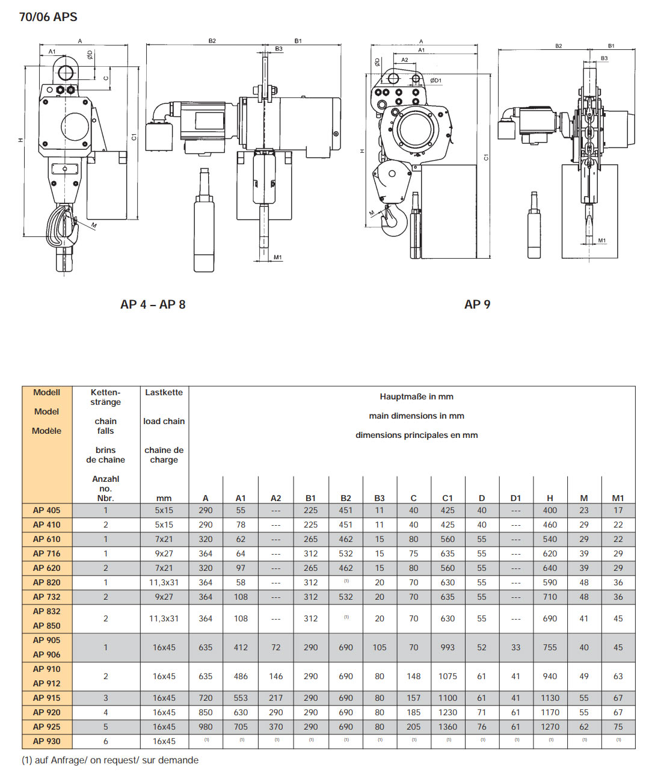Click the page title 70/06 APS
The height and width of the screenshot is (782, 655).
tap(48, 17)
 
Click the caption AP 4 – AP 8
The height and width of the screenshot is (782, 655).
tap(153, 304)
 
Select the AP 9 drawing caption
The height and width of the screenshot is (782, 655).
tap(477, 304)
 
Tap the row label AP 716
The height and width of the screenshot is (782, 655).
tap(46, 553)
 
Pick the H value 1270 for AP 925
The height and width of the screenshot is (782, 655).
tap(550, 727)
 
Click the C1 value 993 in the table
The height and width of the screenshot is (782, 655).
tap(447, 647)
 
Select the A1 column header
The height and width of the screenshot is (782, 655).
tap(241, 498)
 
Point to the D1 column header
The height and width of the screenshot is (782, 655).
tap(515, 498)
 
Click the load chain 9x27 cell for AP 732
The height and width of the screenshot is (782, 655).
tap(164, 597)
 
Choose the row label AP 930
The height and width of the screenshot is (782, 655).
tap(46, 741)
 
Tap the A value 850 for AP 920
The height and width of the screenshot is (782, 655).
tap(205, 712)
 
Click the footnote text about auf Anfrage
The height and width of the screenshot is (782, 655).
tap(110, 760)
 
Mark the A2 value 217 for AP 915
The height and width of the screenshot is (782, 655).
tap(275, 698)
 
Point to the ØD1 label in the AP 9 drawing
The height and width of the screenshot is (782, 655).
tap(435, 80)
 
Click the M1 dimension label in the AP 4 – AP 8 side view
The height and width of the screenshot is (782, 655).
tap(277, 257)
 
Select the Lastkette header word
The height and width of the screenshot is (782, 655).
tap(164, 392)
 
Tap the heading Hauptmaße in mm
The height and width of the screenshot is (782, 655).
tap(416, 396)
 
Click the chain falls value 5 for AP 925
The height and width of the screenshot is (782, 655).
tap(105, 727)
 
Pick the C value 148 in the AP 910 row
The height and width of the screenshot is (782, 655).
tap(413, 676)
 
